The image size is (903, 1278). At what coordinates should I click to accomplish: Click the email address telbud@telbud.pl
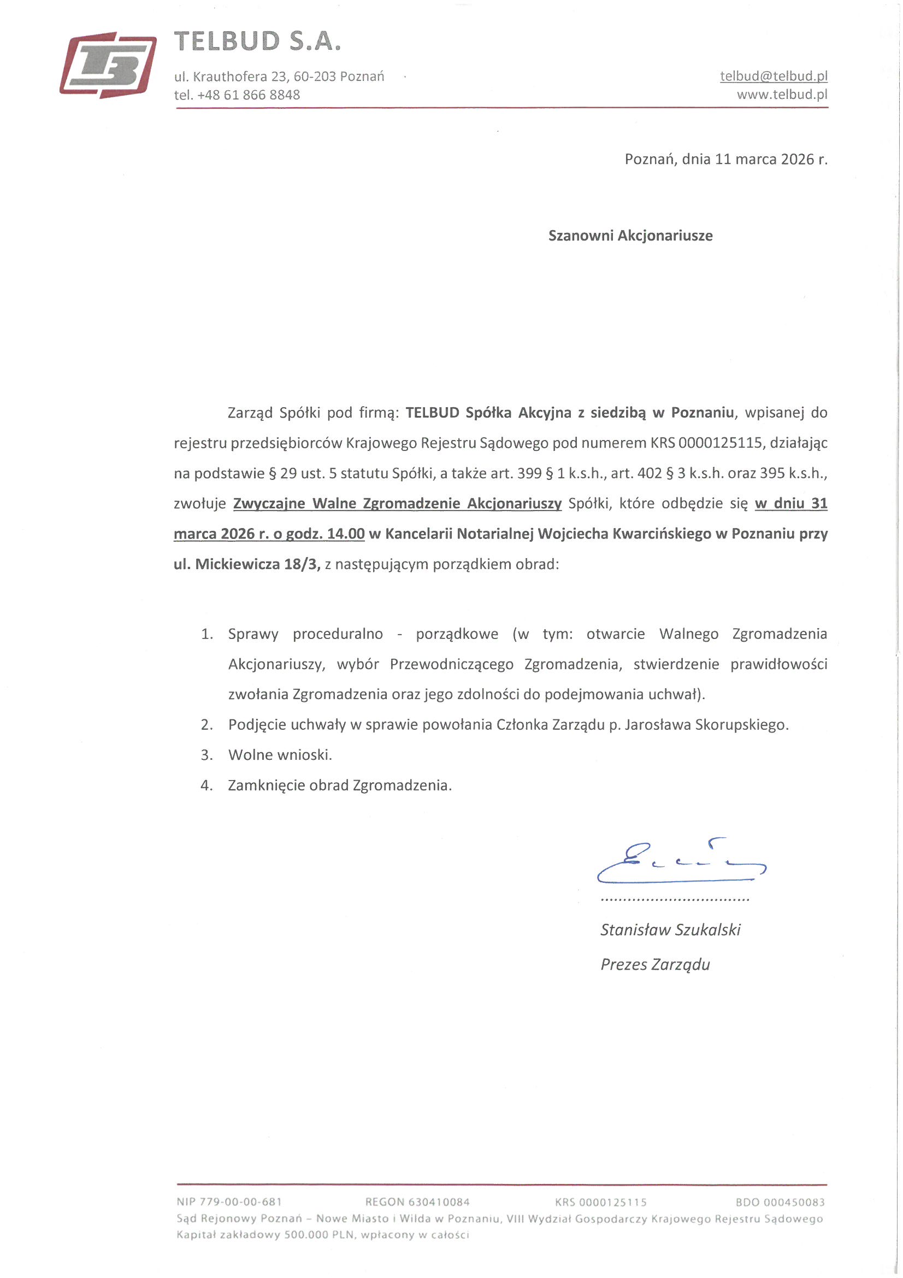click(774, 77)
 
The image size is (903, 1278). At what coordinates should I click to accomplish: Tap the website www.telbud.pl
click(782, 95)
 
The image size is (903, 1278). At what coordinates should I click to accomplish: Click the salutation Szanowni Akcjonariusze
click(630, 236)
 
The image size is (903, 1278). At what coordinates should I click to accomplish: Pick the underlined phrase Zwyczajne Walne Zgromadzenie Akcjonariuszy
click(397, 504)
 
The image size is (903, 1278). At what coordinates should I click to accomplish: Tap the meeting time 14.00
click(345, 534)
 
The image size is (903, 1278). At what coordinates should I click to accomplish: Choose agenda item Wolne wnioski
click(280, 755)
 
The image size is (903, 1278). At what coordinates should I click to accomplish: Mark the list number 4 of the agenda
click(206, 786)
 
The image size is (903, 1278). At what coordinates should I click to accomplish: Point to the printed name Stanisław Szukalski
click(670, 930)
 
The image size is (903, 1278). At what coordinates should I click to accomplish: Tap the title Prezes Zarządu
click(655, 965)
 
